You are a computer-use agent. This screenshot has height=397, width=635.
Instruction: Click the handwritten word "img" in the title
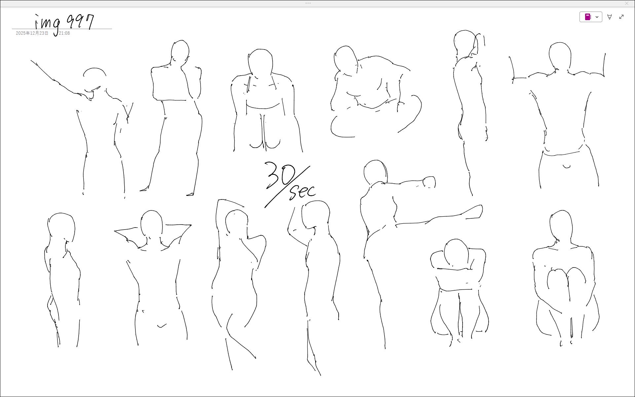[x=48, y=24]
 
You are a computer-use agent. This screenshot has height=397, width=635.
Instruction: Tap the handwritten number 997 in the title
[x=81, y=22]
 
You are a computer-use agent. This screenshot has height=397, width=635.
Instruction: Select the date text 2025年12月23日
[x=32, y=33]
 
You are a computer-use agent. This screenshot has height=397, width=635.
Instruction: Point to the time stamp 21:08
[x=64, y=33]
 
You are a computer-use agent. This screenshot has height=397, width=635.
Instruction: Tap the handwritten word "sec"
[x=302, y=192]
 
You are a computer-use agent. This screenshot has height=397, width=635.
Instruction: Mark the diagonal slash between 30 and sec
[x=287, y=187]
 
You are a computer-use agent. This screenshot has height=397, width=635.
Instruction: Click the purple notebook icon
[x=588, y=17]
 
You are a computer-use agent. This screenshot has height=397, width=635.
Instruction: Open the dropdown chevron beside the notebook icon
[x=597, y=17]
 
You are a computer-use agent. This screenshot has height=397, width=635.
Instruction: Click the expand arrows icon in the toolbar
[x=621, y=17]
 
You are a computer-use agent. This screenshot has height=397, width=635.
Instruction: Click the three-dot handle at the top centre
[x=308, y=3]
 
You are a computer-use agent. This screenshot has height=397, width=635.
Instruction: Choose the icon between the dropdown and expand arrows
[x=610, y=17]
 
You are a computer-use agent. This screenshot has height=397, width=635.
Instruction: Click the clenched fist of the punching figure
[x=430, y=182]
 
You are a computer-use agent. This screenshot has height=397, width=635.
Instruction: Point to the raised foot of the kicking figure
[x=475, y=212]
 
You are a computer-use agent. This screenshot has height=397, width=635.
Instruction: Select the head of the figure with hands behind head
[x=151, y=224]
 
